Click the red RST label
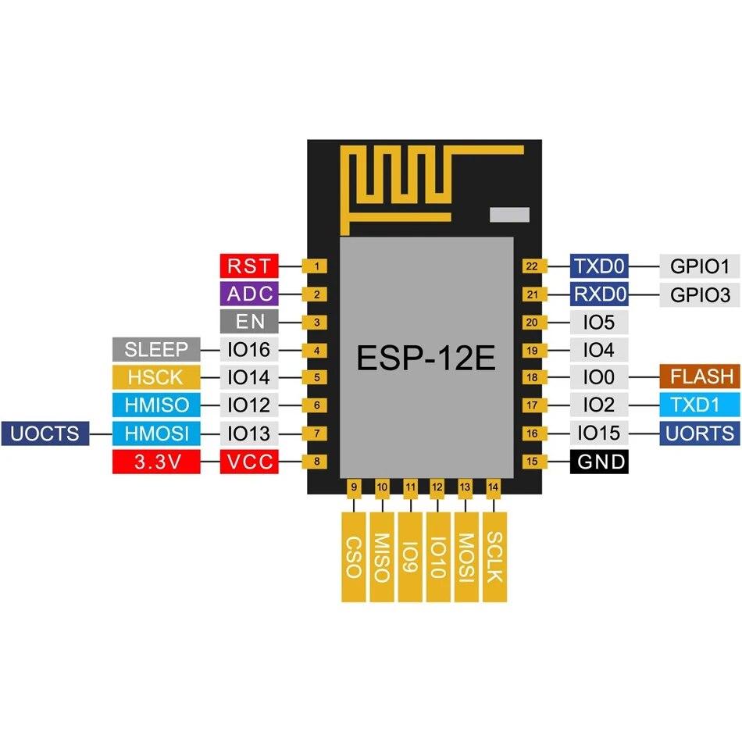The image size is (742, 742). click(248, 266)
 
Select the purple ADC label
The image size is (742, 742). click(248, 294)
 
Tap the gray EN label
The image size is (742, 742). click(248, 322)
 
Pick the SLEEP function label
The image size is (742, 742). click(157, 349)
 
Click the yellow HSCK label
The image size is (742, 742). click(157, 377)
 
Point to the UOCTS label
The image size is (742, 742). click(45, 433)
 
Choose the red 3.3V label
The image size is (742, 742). click(157, 462)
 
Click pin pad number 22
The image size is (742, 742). click(532, 266)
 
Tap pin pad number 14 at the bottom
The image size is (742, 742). click(493, 487)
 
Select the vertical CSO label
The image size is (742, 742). click(353, 556)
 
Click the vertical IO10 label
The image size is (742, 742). click(437, 556)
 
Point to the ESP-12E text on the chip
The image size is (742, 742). click(426, 359)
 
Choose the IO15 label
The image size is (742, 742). click(599, 433)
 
